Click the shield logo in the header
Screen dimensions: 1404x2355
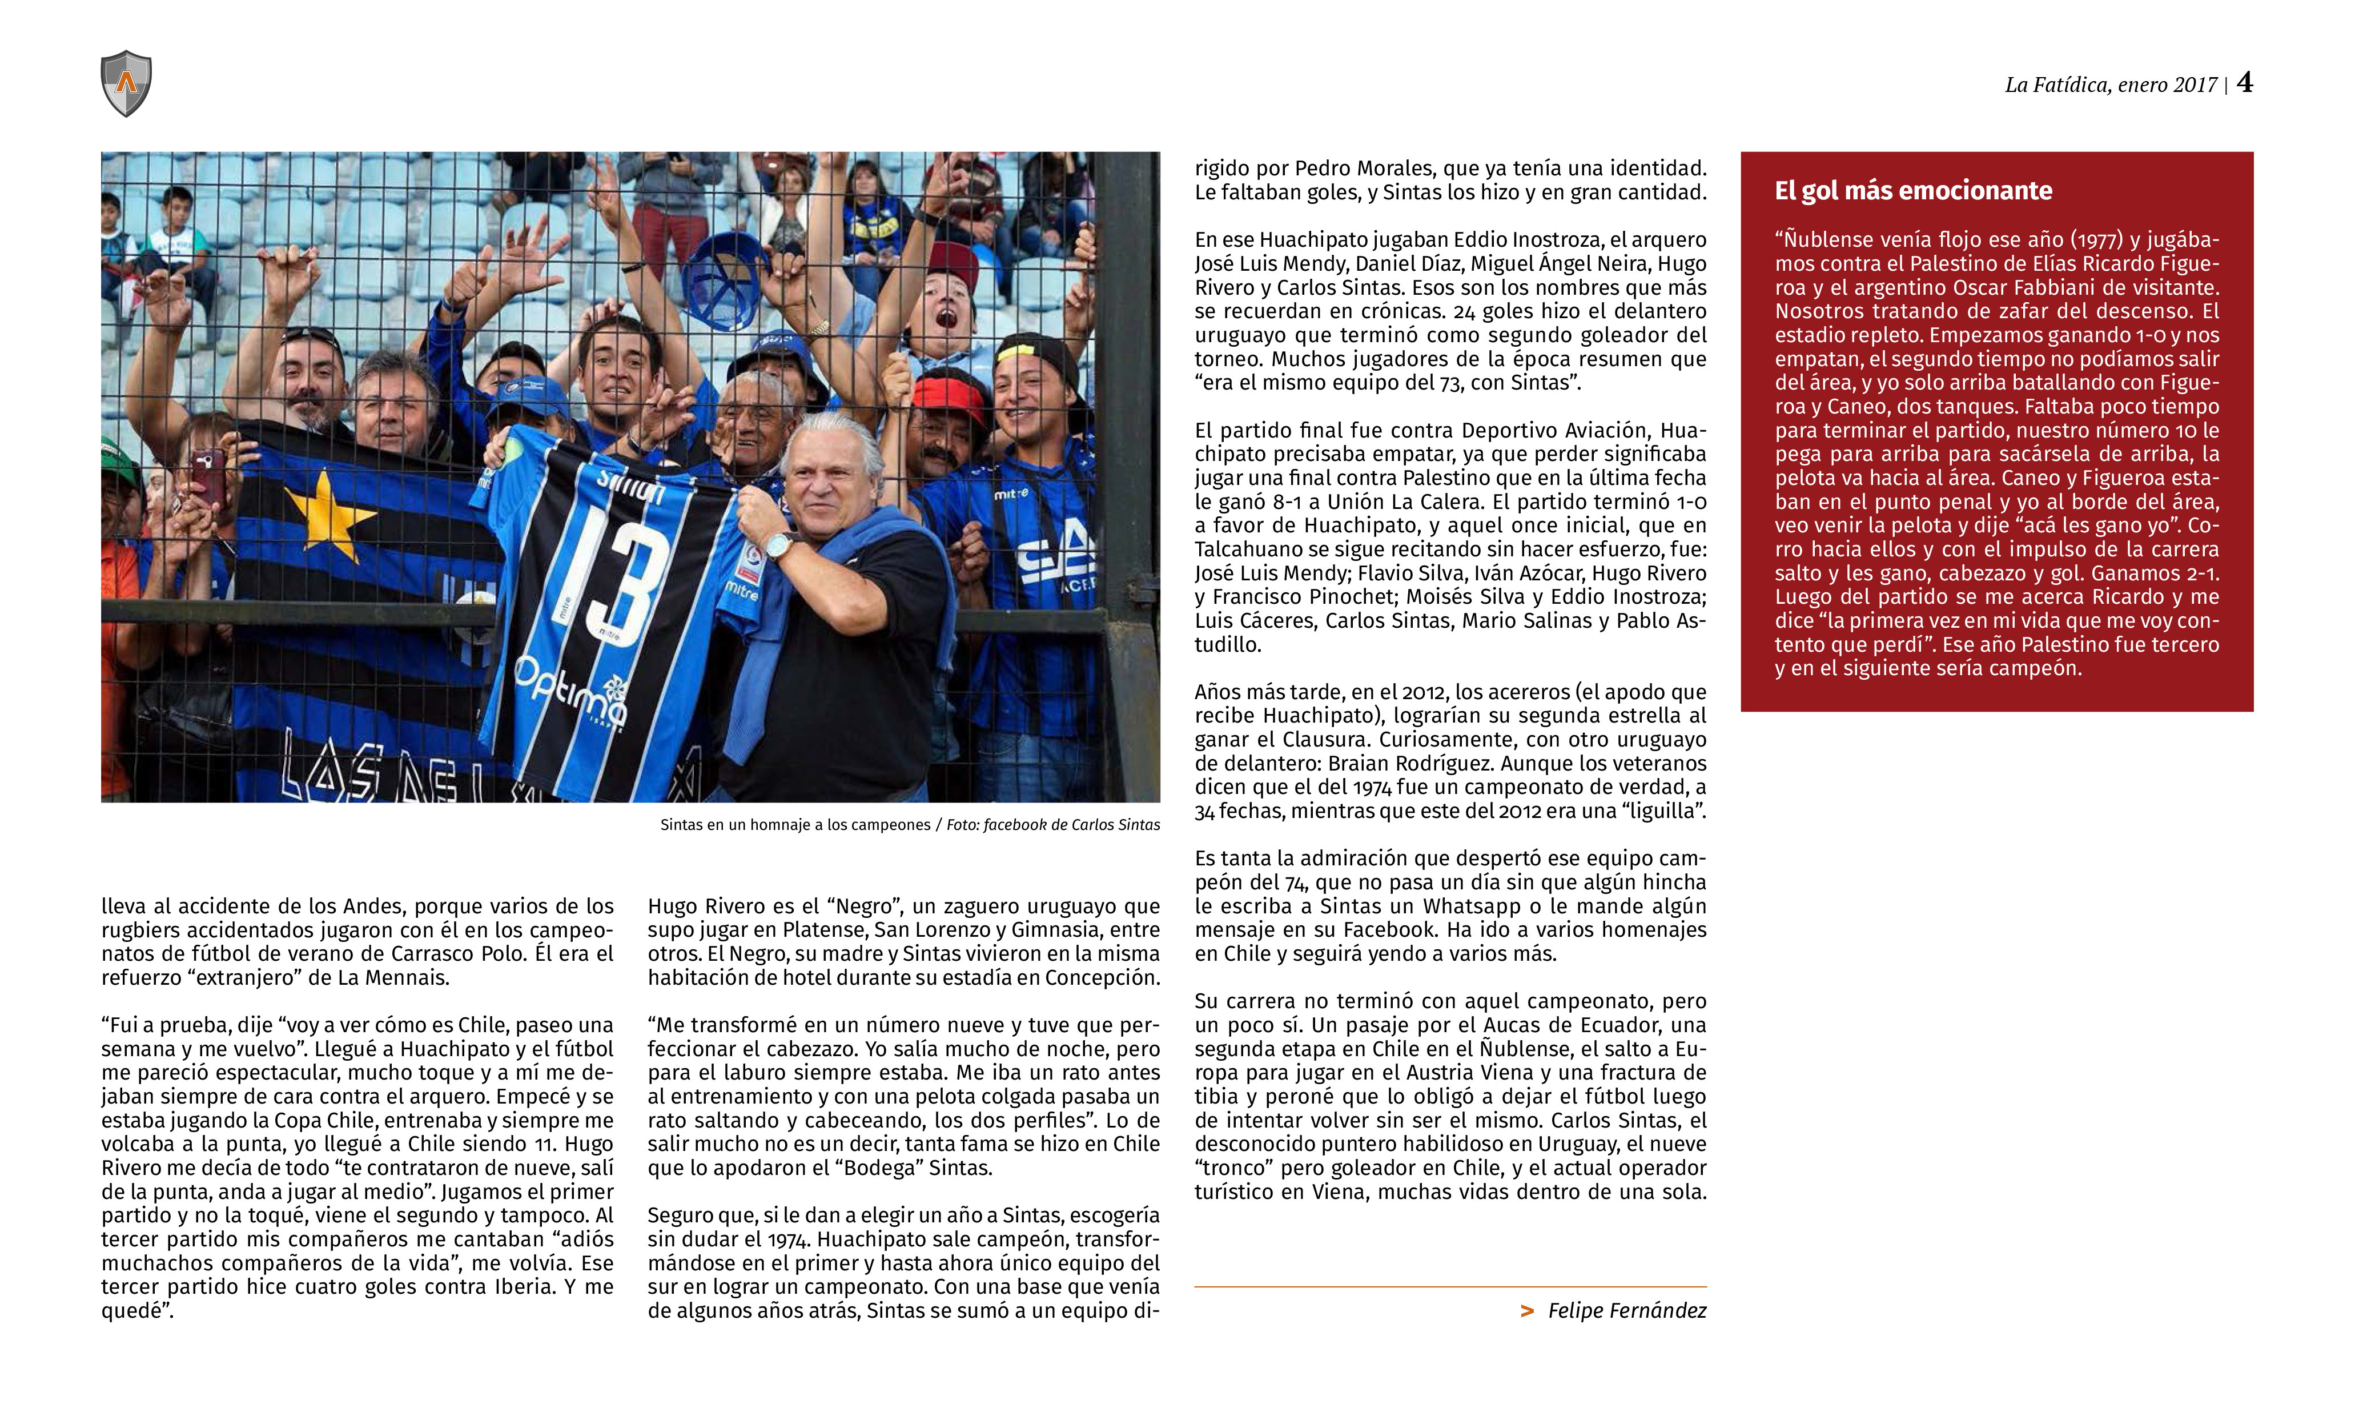click(x=126, y=83)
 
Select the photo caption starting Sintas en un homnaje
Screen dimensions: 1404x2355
click(x=909, y=825)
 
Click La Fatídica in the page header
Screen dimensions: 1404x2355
click(x=2056, y=85)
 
